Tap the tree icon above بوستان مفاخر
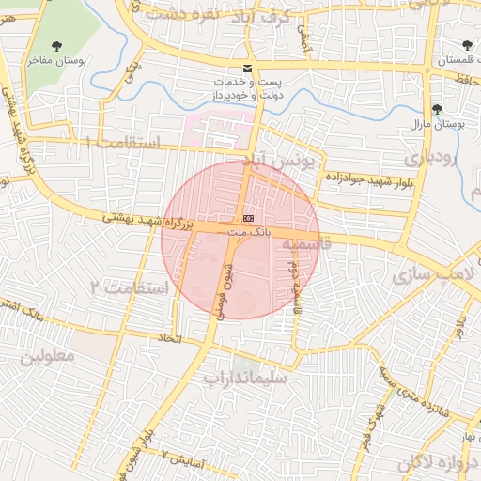pos(58,44)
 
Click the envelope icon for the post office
pos(247,69)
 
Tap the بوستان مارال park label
pos(433,123)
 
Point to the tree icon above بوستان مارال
pos(437,108)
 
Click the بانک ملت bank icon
pos(247,217)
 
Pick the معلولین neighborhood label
pos(46,358)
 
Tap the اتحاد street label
pos(170,335)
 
